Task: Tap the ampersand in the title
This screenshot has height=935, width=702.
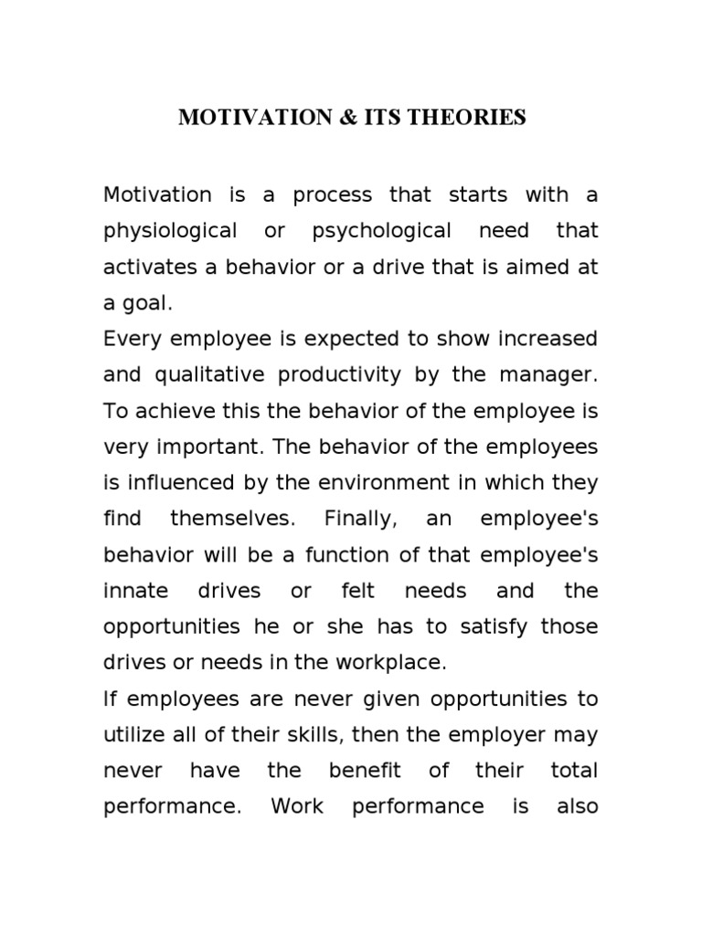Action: [351, 118]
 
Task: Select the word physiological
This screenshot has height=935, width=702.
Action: [171, 230]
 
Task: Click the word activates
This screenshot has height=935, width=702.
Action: [146, 267]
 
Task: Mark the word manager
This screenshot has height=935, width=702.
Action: [556, 374]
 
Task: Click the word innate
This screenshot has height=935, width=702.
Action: [135, 591]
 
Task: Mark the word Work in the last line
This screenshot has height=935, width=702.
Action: [297, 807]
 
